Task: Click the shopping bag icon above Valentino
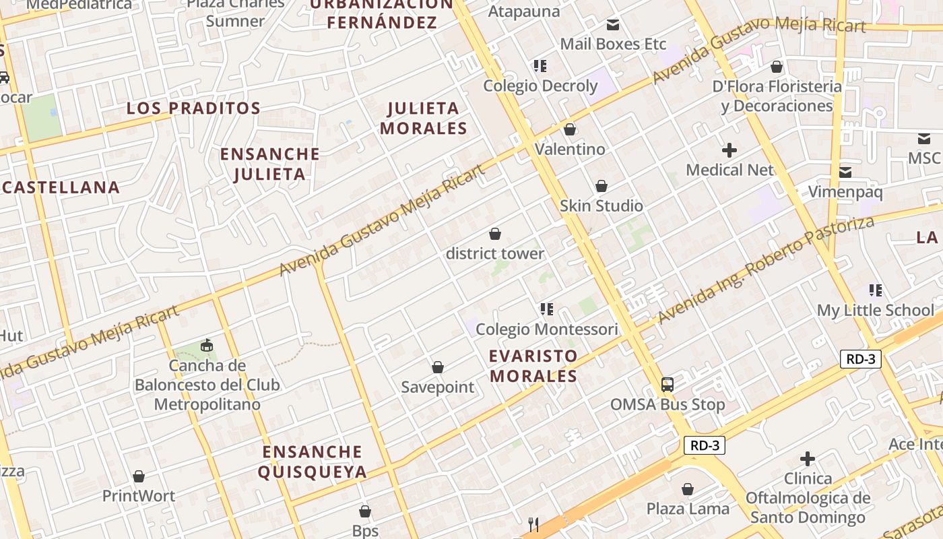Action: pyautogui.click(x=570, y=129)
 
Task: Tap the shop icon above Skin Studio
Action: pyautogui.click(x=601, y=186)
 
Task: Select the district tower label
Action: pyautogui.click(x=494, y=254)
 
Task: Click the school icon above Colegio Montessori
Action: pyautogui.click(x=546, y=309)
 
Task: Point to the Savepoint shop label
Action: pyautogui.click(x=438, y=387)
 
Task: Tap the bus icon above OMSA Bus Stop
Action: pyautogui.click(x=667, y=385)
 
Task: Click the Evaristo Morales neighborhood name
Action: pyautogui.click(x=533, y=366)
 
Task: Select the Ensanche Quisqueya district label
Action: pyautogui.click(x=313, y=462)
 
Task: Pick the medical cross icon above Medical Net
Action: pyautogui.click(x=729, y=150)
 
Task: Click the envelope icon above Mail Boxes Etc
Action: pyautogui.click(x=613, y=25)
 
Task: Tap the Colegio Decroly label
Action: pyautogui.click(x=540, y=86)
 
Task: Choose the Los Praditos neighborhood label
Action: pyautogui.click(x=193, y=108)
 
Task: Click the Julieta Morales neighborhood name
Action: pyautogui.click(x=424, y=118)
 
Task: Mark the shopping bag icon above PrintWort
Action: pyautogui.click(x=139, y=476)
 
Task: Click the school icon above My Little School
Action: pyautogui.click(x=875, y=290)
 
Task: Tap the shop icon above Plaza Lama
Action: pyautogui.click(x=688, y=488)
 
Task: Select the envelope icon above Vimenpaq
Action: pyautogui.click(x=845, y=172)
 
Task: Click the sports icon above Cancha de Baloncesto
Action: pyautogui.click(x=206, y=346)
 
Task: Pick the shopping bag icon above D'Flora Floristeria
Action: pyautogui.click(x=777, y=67)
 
